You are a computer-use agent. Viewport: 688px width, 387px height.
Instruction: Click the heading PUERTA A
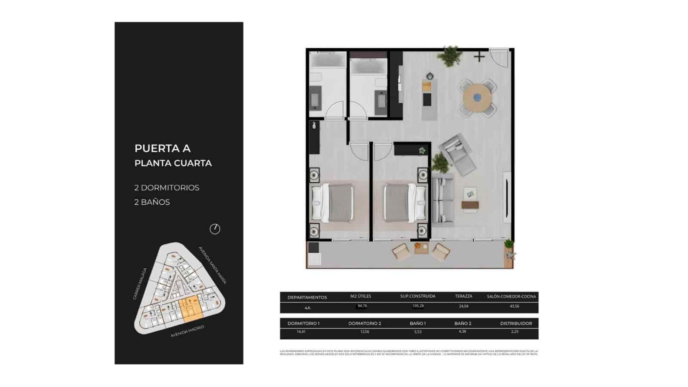click(x=163, y=148)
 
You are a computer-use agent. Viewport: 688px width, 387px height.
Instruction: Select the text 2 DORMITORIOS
click(x=167, y=188)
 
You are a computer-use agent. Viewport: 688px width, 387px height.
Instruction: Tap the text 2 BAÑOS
click(x=152, y=202)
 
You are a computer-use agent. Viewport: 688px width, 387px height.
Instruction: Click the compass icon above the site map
click(x=215, y=229)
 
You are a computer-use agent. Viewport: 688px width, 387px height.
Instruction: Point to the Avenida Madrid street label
click(x=187, y=331)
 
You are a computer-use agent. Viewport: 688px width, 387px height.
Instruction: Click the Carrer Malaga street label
click(x=140, y=284)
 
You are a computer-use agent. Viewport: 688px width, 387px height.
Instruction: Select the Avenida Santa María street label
click(x=212, y=265)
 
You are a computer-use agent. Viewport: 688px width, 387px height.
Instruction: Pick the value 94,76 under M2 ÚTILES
click(x=362, y=306)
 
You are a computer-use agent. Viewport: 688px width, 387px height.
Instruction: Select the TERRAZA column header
click(x=464, y=296)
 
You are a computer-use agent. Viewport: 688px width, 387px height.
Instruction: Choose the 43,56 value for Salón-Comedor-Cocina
click(x=514, y=306)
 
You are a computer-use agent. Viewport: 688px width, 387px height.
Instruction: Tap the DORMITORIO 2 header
click(x=365, y=323)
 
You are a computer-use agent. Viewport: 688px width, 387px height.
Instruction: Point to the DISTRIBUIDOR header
click(x=516, y=323)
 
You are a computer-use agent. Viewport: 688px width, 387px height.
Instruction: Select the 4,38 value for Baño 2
click(x=462, y=332)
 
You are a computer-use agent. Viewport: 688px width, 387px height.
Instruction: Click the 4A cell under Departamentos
click(x=307, y=308)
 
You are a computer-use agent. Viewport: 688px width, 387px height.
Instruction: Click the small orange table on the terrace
click(x=421, y=249)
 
